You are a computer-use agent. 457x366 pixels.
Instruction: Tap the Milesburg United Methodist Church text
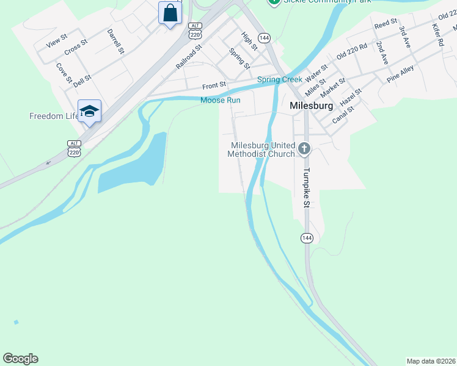coord(261,149)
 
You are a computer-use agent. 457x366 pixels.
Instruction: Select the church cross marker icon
coord(304,148)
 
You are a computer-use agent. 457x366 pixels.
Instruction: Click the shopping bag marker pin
coord(170,13)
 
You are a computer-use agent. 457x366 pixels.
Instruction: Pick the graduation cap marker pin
coord(89,111)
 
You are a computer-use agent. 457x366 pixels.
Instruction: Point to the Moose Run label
coord(221,100)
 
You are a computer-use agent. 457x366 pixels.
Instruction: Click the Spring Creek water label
coord(279,79)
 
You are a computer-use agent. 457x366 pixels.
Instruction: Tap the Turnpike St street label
coord(308,187)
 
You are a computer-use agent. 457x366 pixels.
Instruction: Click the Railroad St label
coord(189,56)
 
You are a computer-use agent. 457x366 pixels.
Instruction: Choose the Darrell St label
coord(115,41)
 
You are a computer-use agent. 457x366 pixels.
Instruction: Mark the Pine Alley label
coord(400,73)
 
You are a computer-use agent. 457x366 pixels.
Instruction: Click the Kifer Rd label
coord(437,35)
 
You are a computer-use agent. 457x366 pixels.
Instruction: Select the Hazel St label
coord(351,95)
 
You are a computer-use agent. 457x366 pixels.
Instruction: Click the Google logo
coord(20,359)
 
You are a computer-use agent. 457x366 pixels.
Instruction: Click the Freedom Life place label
coord(54,116)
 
